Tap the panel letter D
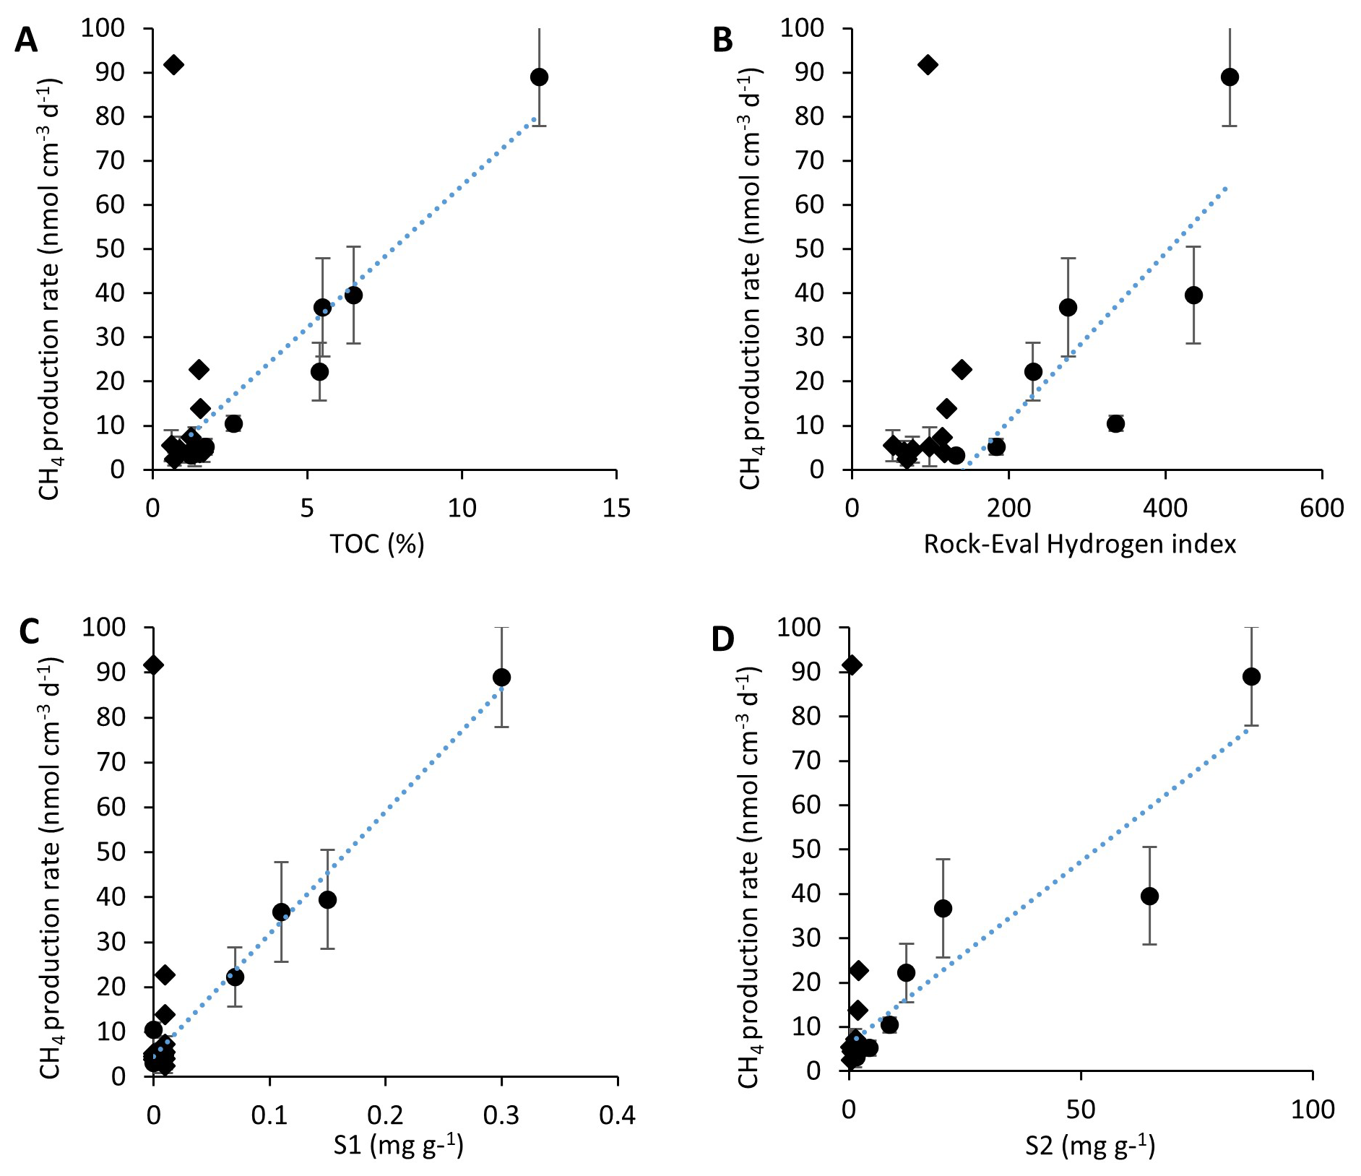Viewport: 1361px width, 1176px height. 725,639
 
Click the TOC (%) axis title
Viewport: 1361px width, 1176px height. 377,544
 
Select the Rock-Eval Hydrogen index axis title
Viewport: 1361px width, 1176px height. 1080,544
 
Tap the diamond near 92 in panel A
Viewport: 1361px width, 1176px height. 173,65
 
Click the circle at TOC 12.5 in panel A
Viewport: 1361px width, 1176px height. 539,77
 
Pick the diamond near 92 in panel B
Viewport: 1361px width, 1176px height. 928,65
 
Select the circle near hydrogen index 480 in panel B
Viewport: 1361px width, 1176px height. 1230,77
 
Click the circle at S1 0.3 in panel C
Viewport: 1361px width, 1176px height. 501,677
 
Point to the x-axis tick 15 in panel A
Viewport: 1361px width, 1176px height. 616,509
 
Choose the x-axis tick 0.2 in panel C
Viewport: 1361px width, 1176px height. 386,1116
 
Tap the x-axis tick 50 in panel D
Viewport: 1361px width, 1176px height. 1081,1109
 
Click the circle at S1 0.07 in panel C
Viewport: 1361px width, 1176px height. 235,977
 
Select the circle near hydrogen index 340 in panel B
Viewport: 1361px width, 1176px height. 1116,423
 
